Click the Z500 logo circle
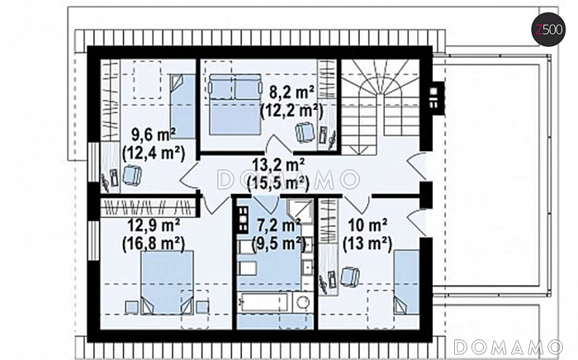[548, 29]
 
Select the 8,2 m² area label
[291, 92]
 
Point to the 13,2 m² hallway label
[278, 165]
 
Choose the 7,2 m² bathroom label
[278, 225]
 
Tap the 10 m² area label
[367, 225]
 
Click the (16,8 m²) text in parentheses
[154, 244]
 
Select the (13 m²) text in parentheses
[367, 244]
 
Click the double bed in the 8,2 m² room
[235, 104]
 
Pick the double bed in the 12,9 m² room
[168, 282]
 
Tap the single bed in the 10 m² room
[406, 282]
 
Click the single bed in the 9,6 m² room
[182, 107]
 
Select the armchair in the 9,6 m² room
[132, 175]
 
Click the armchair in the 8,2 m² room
[306, 132]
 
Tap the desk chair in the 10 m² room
[350, 277]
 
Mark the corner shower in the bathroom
[300, 211]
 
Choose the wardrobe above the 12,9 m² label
[148, 207]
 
